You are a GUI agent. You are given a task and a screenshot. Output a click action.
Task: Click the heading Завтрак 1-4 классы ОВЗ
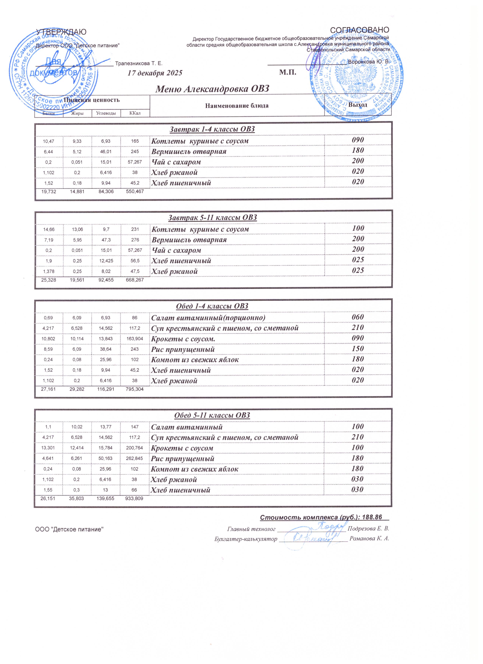coord(212,129)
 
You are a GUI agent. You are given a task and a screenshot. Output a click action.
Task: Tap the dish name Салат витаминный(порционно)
coord(208,318)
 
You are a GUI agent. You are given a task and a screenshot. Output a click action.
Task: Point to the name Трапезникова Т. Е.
coord(139,64)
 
